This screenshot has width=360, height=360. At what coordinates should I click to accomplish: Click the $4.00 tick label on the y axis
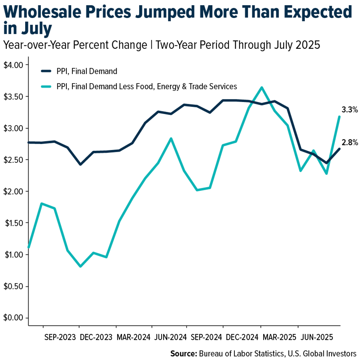pos(13,65)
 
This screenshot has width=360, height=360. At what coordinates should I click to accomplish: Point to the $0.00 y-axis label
pos(13,318)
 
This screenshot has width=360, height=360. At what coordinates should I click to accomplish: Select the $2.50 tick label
pos(13,160)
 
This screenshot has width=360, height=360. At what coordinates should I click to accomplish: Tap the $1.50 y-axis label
pos(13,223)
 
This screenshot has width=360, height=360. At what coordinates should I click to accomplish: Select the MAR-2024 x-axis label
pos(132,336)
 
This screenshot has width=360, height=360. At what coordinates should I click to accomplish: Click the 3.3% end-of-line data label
pos(349,110)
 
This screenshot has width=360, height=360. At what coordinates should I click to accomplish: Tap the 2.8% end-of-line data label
pos(349,142)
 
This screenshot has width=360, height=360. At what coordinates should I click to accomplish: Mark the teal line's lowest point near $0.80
pos(80,266)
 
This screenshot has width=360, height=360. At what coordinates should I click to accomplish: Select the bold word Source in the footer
pos(183,353)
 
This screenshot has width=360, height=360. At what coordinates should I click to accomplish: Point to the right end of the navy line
pos(340,149)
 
